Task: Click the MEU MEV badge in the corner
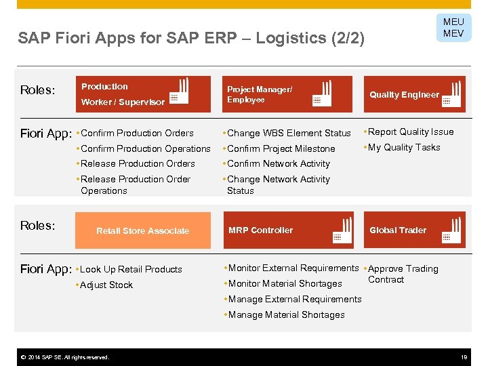click(x=453, y=28)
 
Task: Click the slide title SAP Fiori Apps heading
click(x=191, y=38)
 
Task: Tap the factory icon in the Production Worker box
click(x=179, y=93)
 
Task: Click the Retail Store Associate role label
click(x=142, y=231)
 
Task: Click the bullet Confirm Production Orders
click(x=137, y=133)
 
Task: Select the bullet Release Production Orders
click(x=138, y=163)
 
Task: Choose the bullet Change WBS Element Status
click(x=289, y=133)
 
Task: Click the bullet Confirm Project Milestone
click(x=281, y=148)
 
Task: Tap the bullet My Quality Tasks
click(x=404, y=147)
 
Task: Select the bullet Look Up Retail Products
click(x=131, y=269)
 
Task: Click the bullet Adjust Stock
click(x=106, y=285)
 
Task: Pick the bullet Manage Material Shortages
click(x=286, y=314)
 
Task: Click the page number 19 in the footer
click(x=464, y=357)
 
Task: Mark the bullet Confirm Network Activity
click(x=279, y=163)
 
